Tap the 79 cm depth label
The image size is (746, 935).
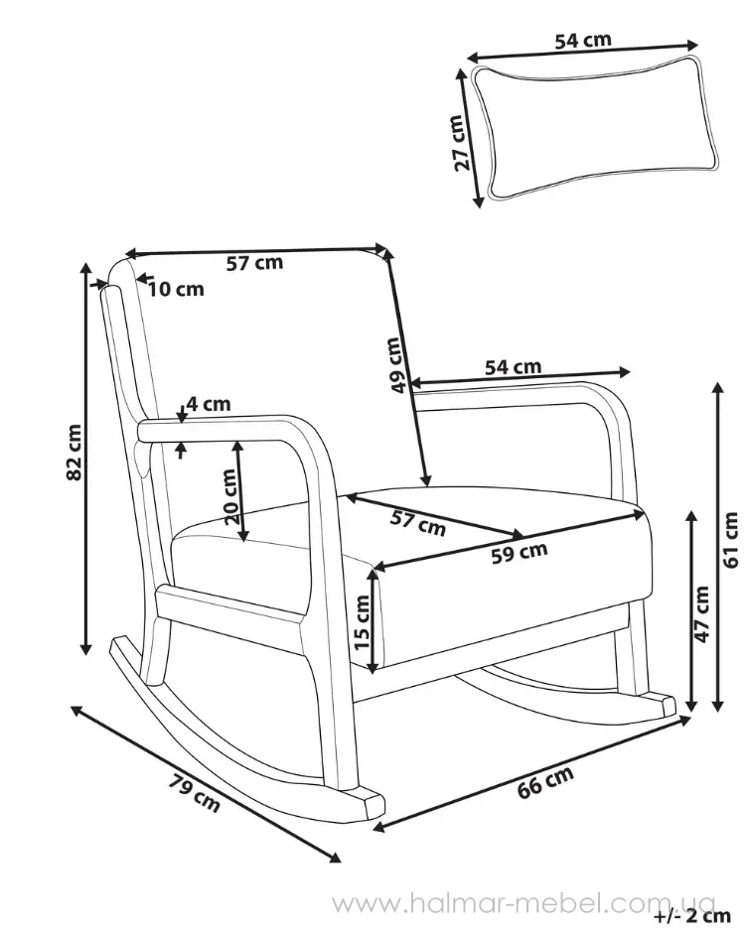[195, 792]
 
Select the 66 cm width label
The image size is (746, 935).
[545, 782]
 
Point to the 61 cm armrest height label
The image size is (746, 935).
[730, 540]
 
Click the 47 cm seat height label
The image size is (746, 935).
[702, 614]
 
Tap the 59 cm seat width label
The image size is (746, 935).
[520, 552]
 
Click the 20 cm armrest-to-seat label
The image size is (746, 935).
[230, 496]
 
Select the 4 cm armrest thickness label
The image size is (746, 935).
[209, 404]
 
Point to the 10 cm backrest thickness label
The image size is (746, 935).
[176, 289]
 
